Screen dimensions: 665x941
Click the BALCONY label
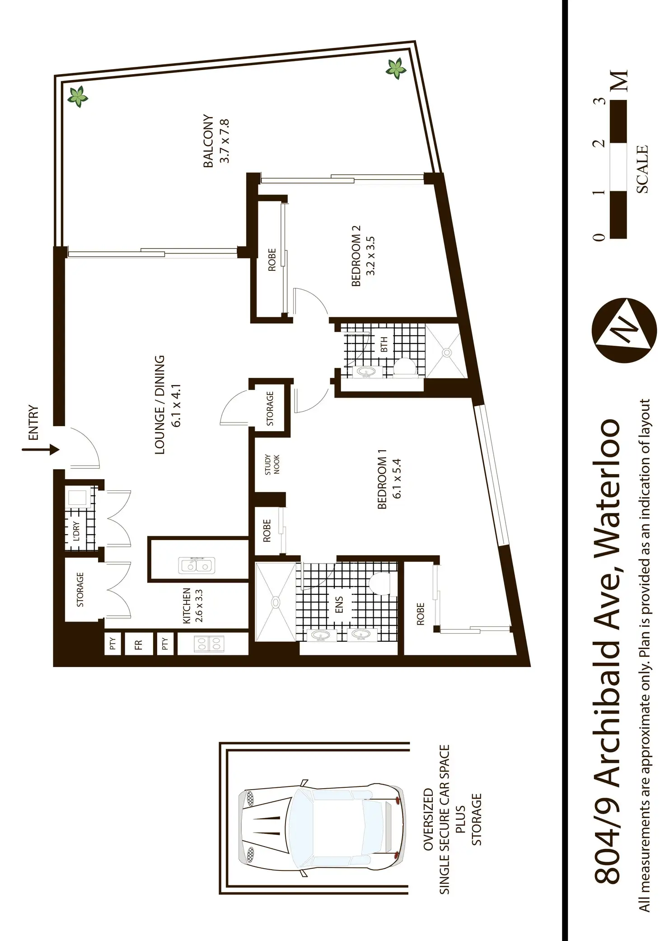click(x=209, y=141)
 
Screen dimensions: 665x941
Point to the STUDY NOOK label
click(x=272, y=465)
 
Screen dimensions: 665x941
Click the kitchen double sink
click(x=197, y=565)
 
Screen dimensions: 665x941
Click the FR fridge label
click(x=138, y=645)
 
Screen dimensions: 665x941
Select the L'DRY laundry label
click(x=76, y=532)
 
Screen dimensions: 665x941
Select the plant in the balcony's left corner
click(x=78, y=96)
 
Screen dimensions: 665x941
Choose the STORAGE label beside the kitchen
click(x=80, y=589)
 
